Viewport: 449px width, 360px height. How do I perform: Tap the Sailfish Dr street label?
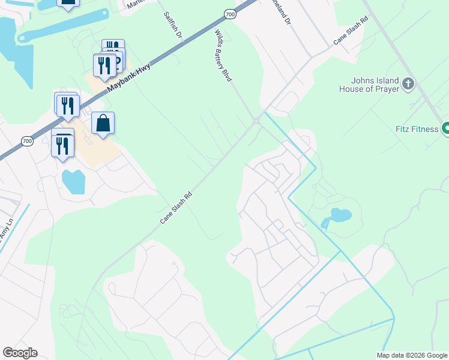tap(173, 24)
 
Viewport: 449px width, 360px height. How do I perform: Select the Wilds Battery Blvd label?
tap(223, 56)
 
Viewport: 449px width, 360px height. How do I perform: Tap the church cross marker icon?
tap(408, 83)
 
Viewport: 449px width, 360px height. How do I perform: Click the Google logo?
tap(20, 353)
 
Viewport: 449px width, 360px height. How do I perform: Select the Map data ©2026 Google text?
tap(412, 355)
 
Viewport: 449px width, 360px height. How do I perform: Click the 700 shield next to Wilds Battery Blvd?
tap(229, 13)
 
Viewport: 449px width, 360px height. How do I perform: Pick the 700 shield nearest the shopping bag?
tap(26, 141)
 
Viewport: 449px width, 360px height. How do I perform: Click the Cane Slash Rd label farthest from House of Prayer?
tap(176, 208)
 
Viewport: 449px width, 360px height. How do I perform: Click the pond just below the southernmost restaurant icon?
tap(73, 181)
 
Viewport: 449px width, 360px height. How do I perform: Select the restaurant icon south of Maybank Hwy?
tap(62, 144)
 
